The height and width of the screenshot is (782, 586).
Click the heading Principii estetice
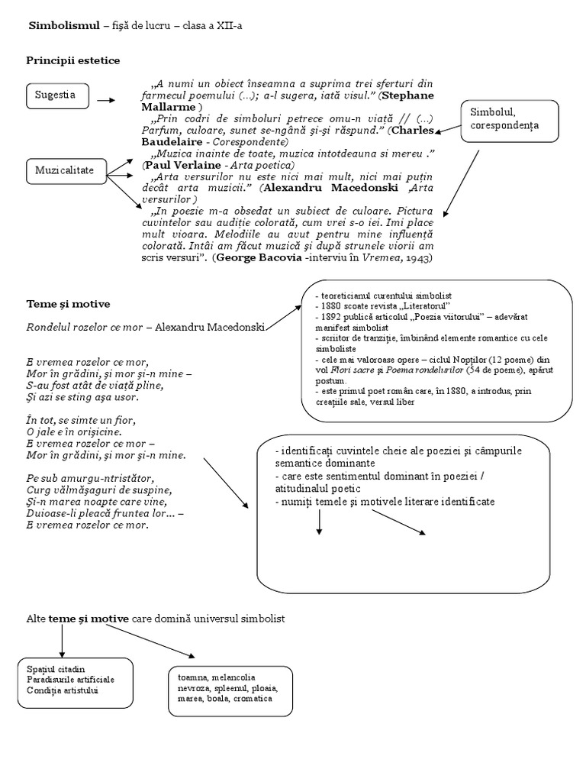tap(72, 60)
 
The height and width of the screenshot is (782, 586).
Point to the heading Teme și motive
tap(68, 304)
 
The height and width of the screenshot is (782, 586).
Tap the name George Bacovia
tap(256, 258)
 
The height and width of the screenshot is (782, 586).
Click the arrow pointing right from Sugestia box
tap(106, 100)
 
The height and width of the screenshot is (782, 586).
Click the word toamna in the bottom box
tap(191, 677)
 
